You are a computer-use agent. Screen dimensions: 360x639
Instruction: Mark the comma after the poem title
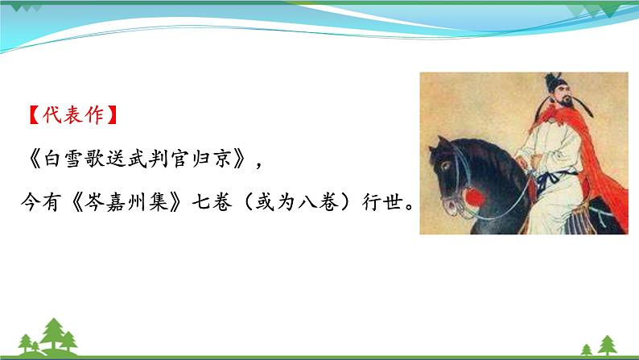click(258, 165)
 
